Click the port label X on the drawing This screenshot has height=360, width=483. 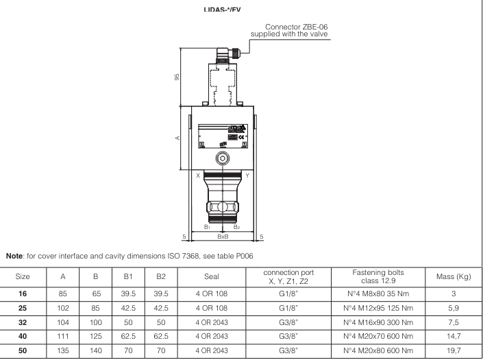click(x=199, y=176)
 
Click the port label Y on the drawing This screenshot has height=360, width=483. click(x=247, y=176)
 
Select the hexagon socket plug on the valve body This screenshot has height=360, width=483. click(x=222, y=158)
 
